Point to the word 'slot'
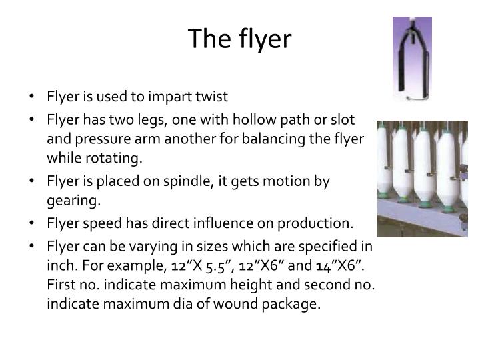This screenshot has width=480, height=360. [343, 119]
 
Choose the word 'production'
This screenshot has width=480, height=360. [313, 223]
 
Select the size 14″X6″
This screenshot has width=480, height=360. [337, 265]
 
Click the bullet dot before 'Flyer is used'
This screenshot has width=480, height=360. [33, 97]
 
